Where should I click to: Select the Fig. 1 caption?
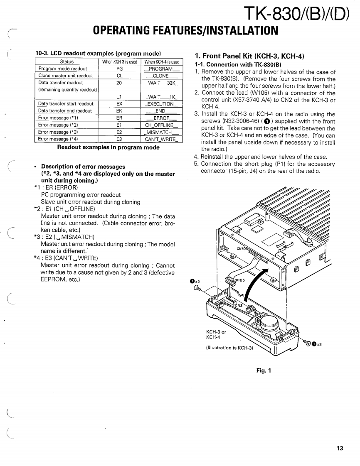[x=263, y=370]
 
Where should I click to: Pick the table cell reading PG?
[x=119, y=69]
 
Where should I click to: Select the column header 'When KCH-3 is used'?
[x=119, y=61]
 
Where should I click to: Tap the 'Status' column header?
[x=67, y=61]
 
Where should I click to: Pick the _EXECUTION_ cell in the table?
[x=162, y=104]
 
